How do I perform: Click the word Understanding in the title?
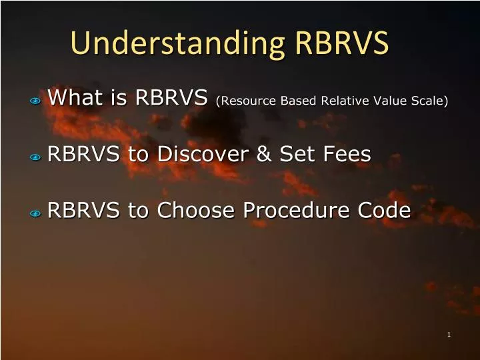coord(179,43)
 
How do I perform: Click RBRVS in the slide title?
coord(341,43)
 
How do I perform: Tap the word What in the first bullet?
coord(74,98)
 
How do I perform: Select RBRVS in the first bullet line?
coord(171,98)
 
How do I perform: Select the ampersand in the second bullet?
coord(264,155)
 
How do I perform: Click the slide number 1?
coord(449,335)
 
